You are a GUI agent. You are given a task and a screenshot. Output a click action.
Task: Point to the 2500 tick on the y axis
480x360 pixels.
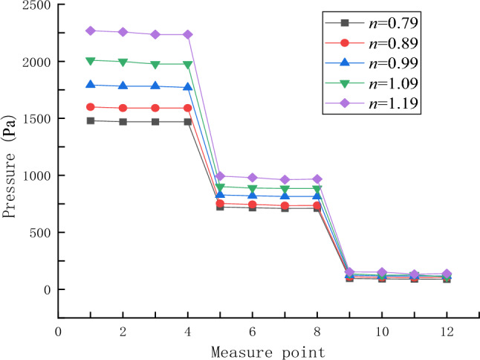click(36, 5)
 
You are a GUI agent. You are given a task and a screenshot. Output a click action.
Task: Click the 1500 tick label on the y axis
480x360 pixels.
click(36, 119)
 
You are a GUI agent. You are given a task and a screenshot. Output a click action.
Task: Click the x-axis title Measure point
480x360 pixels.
click(267, 350)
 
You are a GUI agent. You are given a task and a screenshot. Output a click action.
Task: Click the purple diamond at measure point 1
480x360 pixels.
click(90, 30)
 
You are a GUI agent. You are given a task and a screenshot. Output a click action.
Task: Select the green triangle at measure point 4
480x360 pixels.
click(187, 65)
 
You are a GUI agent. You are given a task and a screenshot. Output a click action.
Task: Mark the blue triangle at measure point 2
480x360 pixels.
click(123, 86)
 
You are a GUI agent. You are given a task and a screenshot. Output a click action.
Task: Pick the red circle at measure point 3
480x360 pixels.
click(155, 108)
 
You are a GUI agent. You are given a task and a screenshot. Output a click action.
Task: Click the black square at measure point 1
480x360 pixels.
click(90, 120)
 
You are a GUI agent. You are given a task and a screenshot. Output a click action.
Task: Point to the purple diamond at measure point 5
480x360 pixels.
click(220, 176)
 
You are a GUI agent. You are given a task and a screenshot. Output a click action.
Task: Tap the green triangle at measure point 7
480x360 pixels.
click(285, 189)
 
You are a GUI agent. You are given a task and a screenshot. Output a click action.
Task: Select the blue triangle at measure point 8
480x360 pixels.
click(317, 196)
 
